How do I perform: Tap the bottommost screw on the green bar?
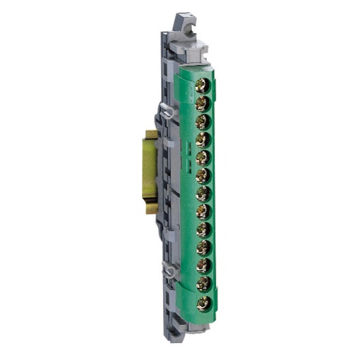[x=205, y=303]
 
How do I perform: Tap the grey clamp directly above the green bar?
[x=195, y=53]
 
